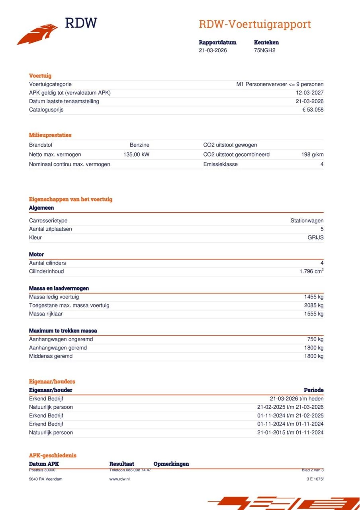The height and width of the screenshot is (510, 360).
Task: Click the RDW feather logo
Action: (x=38, y=33)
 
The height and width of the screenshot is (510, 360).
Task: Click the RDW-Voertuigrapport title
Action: (x=254, y=24)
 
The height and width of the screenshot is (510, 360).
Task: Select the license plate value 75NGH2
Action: (x=264, y=50)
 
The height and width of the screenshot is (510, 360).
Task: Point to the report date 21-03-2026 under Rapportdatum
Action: (x=213, y=50)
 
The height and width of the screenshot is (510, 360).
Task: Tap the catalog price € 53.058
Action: (x=313, y=110)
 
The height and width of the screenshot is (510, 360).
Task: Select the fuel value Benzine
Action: (x=139, y=145)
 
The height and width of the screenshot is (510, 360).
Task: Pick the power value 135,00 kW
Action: (x=136, y=155)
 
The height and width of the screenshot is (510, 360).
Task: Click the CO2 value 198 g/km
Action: (x=312, y=155)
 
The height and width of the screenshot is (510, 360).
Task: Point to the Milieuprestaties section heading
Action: (x=50, y=135)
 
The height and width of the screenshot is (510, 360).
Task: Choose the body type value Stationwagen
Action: (x=307, y=221)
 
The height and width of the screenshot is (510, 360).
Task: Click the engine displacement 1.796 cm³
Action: (x=311, y=271)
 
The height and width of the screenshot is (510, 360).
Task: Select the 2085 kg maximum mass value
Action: (x=313, y=305)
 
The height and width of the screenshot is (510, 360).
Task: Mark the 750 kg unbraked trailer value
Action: (x=315, y=339)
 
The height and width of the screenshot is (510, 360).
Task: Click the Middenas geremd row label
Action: (x=51, y=356)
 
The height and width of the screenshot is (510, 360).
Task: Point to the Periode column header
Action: (x=313, y=390)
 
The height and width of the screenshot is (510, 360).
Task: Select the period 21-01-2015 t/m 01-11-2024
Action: (x=290, y=433)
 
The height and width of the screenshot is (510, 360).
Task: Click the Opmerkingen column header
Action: (x=171, y=464)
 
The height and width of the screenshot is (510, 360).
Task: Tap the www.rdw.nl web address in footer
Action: (x=119, y=479)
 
